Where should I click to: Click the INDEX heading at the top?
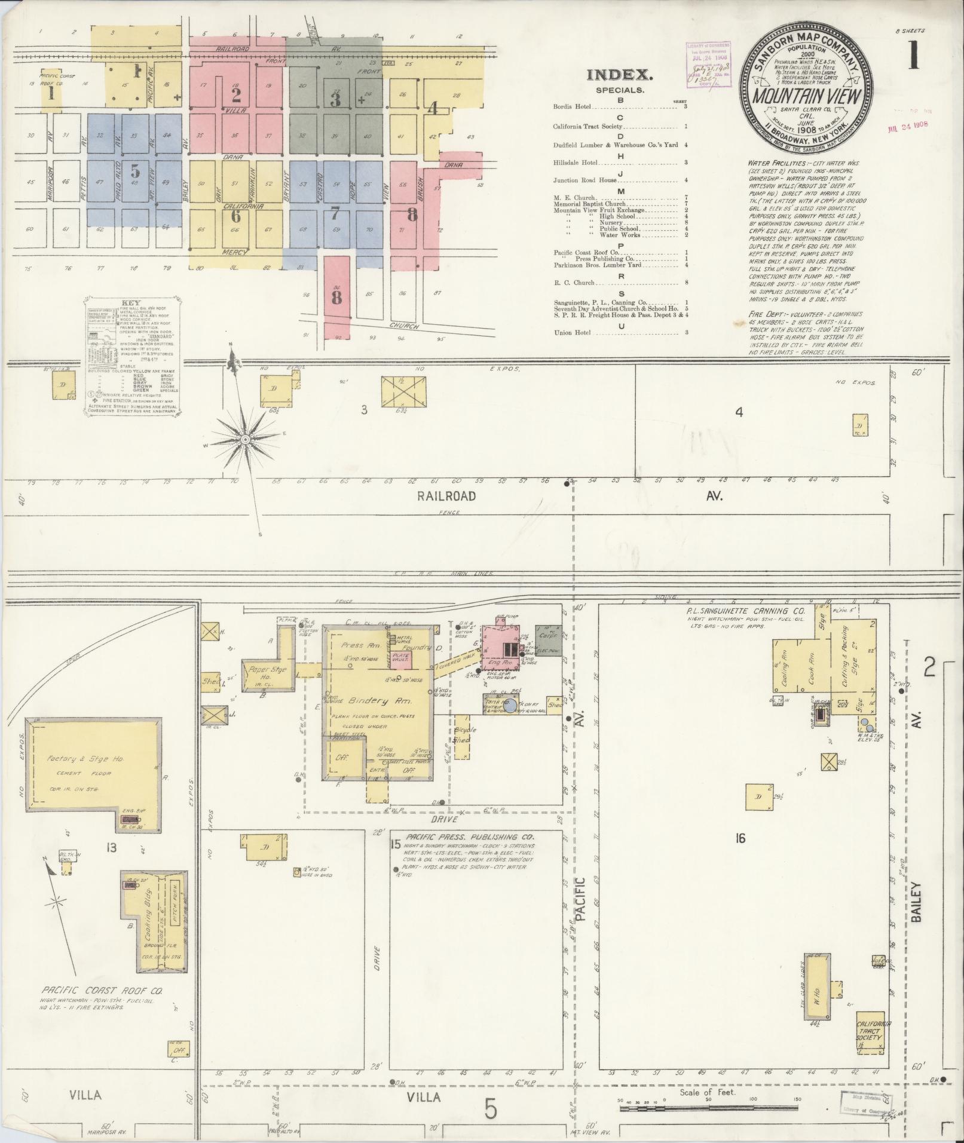(x=620, y=76)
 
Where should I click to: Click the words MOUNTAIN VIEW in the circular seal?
(x=802, y=96)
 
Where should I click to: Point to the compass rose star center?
(x=244, y=440)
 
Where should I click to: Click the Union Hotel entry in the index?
(x=573, y=332)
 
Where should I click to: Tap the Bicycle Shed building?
(x=461, y=736)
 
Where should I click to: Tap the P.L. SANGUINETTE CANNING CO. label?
(x=745, y=612)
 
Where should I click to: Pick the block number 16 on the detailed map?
(x=740, y=838)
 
